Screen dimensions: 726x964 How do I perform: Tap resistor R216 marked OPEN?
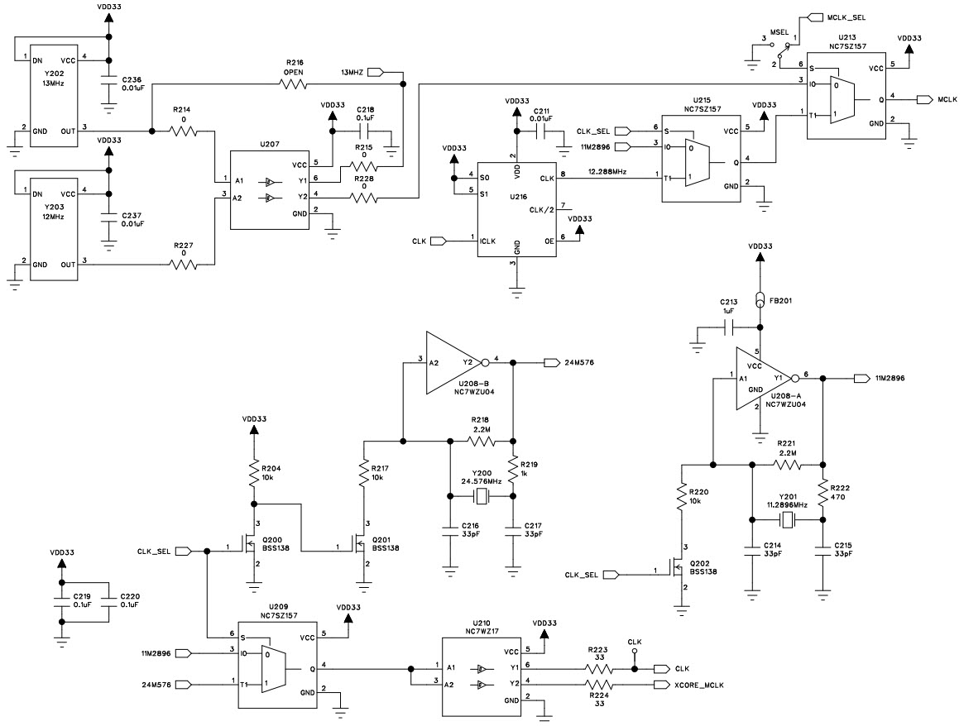coord(295,84)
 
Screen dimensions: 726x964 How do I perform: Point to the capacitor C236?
coord(108,83)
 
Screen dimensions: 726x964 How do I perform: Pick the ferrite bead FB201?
coord(759,300)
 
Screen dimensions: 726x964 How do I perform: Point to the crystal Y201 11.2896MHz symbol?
coord(788,519)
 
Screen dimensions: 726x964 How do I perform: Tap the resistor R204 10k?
coord(254,473)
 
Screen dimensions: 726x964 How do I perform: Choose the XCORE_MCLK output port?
coord(659,685)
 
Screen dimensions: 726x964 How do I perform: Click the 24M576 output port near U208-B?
coord(550,362)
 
